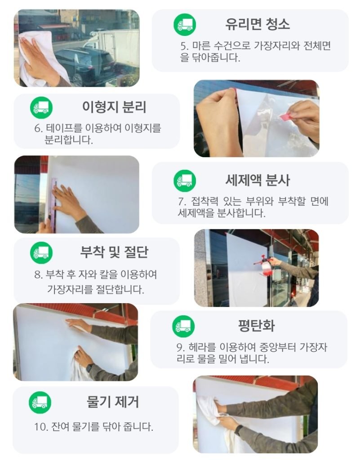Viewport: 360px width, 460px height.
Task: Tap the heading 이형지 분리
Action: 114,107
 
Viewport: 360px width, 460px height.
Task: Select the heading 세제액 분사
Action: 258,180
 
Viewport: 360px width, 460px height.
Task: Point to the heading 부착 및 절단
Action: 114,252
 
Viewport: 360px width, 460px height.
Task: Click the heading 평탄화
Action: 256,325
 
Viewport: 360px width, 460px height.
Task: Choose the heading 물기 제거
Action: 113,402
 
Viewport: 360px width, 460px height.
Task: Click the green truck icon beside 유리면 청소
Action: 185,24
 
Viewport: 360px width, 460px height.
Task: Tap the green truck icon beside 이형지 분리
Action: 41,108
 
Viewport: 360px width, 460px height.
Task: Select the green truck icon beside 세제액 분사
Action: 185,181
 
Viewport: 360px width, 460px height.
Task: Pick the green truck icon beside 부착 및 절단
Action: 41,252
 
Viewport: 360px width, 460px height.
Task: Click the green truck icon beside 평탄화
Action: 183,326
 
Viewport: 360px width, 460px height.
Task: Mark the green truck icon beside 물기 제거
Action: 40,402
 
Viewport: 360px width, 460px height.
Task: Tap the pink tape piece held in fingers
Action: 285,116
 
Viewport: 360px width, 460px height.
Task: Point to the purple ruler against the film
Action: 53,204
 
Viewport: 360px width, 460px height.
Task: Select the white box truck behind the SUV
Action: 113,46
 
